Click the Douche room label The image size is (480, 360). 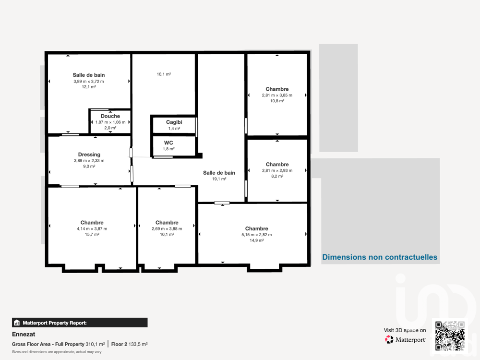point(110,116)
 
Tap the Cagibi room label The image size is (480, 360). point(174,122)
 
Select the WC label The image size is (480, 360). point(168,143)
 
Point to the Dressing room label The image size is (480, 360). point(89,155)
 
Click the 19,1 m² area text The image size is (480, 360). point(219,179)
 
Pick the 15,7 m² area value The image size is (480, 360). point(92,235)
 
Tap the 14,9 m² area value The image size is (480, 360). point(256,240)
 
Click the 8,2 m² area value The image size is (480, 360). point(277,176)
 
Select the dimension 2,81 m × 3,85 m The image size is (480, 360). point(277,95)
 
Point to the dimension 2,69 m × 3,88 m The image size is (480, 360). point(167,228)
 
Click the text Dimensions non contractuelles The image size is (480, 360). point(380,257)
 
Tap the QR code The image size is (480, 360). point(450,336)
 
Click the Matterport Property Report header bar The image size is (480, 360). point(80,323)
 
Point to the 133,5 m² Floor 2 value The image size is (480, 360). point(139,344)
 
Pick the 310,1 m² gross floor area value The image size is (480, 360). point(95,344)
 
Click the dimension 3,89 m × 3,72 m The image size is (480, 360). point(89,81)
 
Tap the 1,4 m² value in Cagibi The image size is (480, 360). point(174,129)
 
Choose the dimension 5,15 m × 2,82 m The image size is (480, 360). point(256,235)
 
